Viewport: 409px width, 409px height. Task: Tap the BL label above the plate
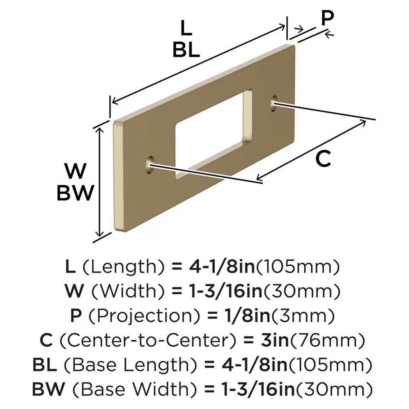click(x=186, y=51)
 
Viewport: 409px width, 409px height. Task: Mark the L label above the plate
click(x=186, y=29)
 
